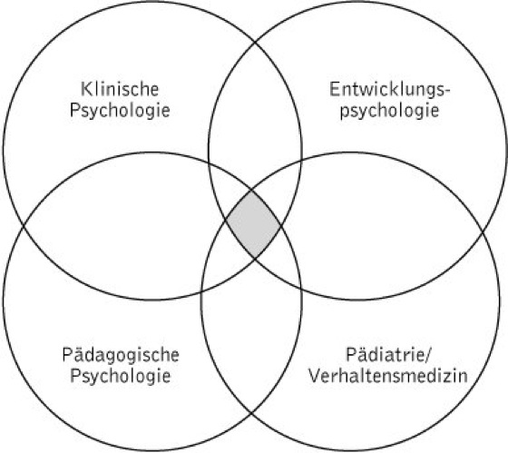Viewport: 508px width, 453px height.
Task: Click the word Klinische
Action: tap(120, 89)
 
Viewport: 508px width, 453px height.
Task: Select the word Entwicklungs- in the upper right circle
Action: tap(390, 90)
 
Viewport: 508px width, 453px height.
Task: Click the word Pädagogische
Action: tap(121, 356)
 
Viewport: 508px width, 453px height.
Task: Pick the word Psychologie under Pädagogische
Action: tap(120, 377)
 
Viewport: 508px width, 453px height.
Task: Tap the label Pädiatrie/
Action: tap(389, 354)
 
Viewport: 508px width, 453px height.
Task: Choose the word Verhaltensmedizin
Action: tap(388, 376)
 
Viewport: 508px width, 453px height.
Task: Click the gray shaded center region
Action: tap(253, 223)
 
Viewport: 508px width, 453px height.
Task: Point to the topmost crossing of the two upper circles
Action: tap(255, 42)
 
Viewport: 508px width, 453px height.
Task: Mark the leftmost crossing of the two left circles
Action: tap(23, 227)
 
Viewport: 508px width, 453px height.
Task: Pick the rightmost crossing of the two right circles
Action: tap(484, 231)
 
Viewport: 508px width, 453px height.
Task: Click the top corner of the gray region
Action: tap(252, 191)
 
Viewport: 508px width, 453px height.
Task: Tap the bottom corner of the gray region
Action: tap(255, 258)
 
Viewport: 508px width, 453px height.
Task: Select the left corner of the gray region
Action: tap(227, 221)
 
